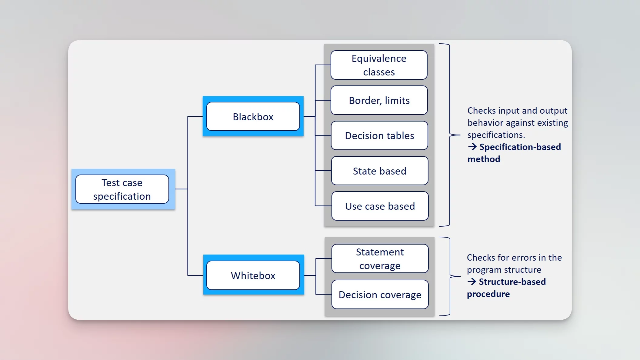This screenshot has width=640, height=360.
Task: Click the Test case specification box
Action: (x=122, y=189)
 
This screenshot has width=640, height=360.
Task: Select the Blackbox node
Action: (x=253, y=117)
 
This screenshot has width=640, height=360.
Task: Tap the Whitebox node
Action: (x=253, y=275)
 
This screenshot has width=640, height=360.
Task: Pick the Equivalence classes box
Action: (x=379, y=65)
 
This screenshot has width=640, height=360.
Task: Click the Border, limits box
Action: (x=379, y=100)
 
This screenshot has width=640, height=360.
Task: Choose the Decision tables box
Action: (x=379, y=135)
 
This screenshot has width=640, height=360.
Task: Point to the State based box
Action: (x=380, y=171)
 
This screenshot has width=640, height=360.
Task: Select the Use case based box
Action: (x=380, y=206)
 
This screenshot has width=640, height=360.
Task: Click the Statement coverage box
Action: (x=380, y=258)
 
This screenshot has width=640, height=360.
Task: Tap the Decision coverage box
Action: (x=380, y=295)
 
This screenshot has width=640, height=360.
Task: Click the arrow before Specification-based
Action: (x=472, y=147)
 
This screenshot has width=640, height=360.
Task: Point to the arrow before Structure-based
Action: (x=472, y=282)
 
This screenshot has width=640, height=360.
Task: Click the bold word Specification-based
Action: (x=520, y=147)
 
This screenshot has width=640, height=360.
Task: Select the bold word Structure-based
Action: (x=512, y=282)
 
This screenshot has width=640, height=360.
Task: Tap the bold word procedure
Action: (x=488, y=294)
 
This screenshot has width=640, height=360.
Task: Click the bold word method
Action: (x=484, y=159)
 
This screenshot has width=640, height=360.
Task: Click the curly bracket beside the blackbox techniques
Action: (x=450, y=135)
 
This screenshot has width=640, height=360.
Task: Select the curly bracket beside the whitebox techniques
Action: (x=450, y=276)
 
